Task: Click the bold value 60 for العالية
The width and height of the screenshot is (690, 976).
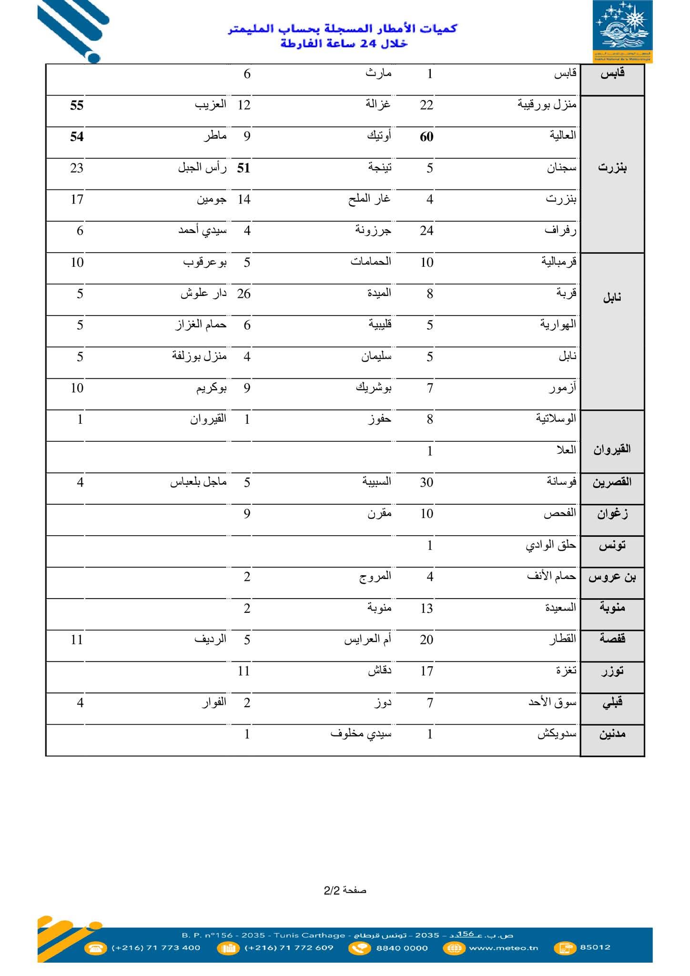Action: point(426,137)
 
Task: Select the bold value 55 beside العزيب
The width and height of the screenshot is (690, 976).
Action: point(77,105)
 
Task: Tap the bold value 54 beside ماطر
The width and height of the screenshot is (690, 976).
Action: point(77,137)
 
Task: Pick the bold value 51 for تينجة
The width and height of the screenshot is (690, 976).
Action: point(244,168)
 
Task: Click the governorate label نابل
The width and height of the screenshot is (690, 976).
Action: point(612,298)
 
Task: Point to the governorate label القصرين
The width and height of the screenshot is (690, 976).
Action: point(612,482)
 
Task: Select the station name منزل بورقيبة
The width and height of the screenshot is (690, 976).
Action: point(547,104)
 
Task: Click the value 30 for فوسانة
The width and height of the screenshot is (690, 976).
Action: point(426,482)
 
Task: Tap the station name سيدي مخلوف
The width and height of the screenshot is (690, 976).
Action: point(361,734)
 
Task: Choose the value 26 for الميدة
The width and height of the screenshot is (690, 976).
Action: point(244,294)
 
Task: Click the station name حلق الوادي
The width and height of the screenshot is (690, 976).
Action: point(551,545)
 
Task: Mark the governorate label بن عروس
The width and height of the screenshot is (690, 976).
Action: point(612,577)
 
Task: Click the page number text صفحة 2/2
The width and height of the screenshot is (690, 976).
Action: point(345,890)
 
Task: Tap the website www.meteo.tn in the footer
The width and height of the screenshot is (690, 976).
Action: point(503,948)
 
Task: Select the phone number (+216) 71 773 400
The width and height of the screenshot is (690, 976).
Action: point(156,948)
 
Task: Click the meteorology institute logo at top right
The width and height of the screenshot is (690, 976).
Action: point(622,31)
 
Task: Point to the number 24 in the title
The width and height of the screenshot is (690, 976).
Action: point(368,44)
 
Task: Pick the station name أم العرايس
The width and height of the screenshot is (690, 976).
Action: point(367,640)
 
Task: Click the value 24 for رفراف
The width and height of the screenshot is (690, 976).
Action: point(426,231)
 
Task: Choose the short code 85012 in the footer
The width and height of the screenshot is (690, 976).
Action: point(595,947)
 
